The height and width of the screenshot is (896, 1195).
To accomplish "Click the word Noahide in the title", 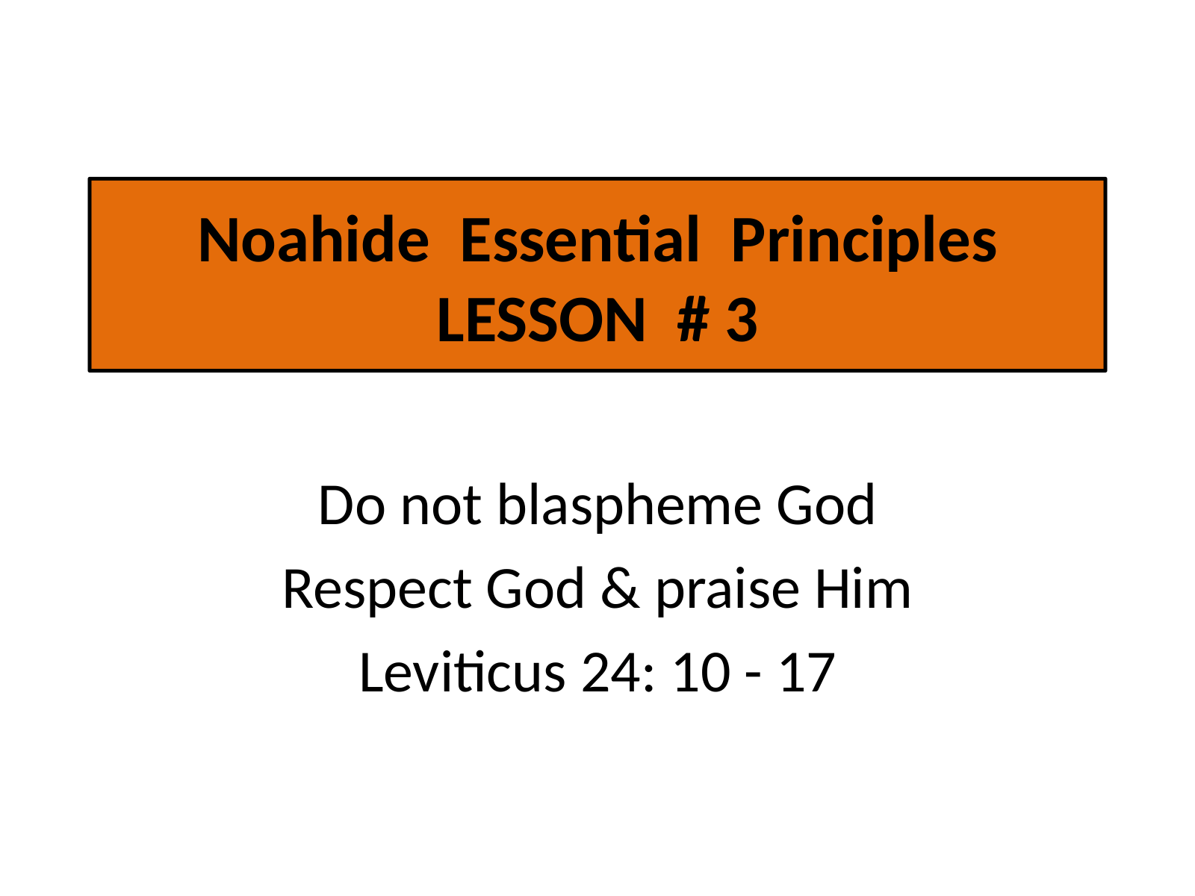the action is pos(314,240).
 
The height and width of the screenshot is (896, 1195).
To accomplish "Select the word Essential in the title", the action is pos(580,240).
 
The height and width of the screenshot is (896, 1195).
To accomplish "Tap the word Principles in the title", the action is pos(864,243).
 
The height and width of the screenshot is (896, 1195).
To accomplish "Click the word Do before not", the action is pos(352,505).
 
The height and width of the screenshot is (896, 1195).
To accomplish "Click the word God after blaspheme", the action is pos(825,505).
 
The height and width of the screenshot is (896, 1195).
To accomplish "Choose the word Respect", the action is pos(376,591).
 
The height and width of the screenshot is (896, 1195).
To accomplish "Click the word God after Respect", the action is pos(536,588).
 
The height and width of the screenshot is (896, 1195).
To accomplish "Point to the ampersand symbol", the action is pos(620,588).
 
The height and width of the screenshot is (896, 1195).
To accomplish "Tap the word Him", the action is pos(863,588).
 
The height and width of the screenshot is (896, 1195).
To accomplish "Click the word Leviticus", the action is pos(462,673).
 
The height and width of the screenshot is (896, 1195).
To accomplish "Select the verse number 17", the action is pos(807,673).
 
